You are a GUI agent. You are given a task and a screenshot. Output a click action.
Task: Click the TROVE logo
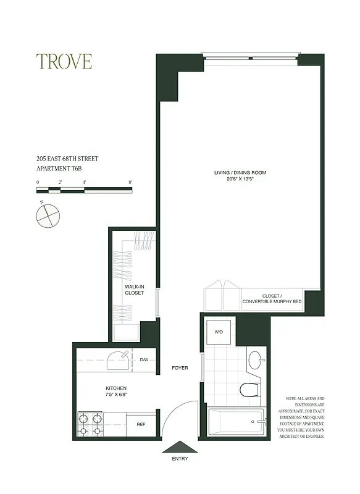64,61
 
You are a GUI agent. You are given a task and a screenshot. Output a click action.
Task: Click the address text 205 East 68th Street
67,159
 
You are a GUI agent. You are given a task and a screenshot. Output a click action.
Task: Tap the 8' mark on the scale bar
130,183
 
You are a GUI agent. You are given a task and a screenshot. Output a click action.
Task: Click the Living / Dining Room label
240,173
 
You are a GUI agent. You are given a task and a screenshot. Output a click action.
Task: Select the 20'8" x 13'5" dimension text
240,179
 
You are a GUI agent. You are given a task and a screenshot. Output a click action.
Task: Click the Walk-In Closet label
134,290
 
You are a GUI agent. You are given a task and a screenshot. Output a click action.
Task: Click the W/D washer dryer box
219,332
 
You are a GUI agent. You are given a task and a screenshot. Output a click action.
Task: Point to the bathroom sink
256,359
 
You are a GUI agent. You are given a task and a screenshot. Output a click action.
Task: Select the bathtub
237,423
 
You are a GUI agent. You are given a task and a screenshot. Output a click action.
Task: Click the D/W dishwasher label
143,359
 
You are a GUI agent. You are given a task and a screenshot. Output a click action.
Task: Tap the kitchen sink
117,359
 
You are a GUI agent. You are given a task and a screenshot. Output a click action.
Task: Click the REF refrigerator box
141,424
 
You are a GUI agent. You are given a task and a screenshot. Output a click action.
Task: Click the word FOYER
180,368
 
